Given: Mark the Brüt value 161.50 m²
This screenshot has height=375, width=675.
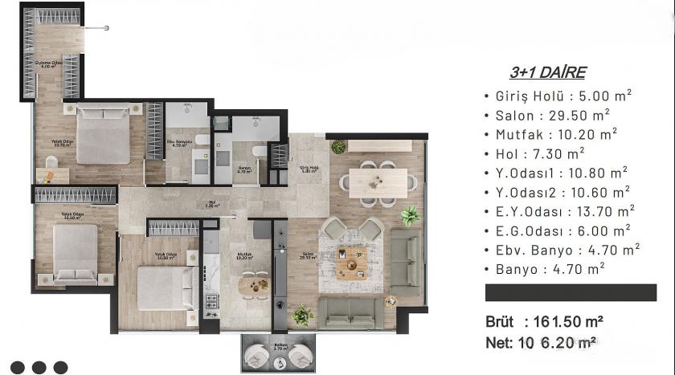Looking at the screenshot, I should coord(568,321).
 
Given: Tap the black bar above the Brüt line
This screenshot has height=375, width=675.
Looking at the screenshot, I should coord(571,292).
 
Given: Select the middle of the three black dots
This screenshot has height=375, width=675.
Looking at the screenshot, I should coord(39,367).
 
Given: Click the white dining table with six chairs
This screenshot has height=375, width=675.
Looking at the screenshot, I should coord(378,181).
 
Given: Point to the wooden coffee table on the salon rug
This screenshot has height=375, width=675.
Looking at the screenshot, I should coord(352,260).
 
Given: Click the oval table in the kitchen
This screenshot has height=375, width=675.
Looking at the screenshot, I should coord(256,283).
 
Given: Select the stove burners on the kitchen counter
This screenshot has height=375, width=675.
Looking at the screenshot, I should coord(212,303).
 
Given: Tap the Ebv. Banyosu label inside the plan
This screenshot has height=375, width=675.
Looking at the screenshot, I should coord(177,144).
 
